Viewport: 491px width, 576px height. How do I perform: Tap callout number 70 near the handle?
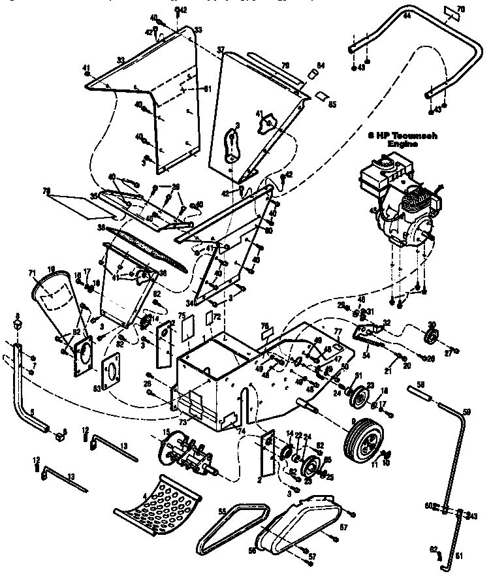[460, 9]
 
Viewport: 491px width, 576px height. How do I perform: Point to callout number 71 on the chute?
[32, 272]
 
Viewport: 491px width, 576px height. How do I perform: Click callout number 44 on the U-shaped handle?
[406, 15]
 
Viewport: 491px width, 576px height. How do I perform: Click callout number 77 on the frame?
[338, 331]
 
